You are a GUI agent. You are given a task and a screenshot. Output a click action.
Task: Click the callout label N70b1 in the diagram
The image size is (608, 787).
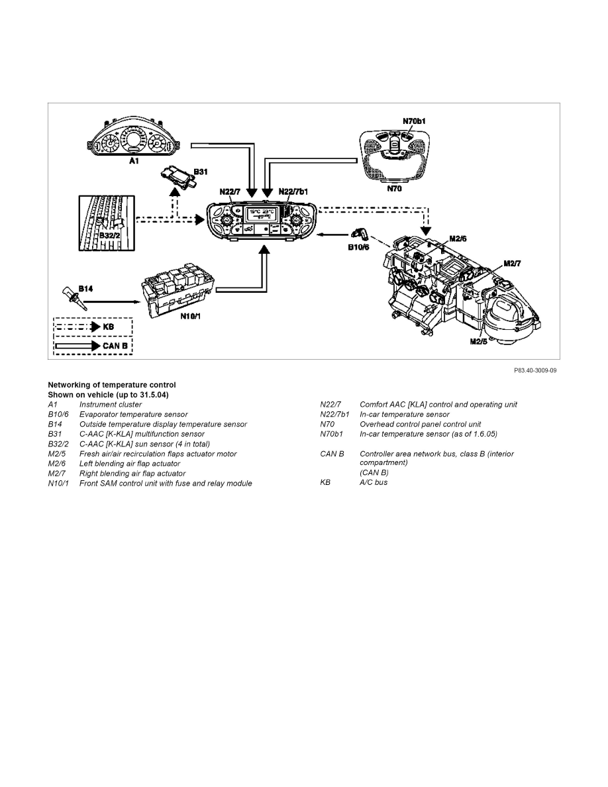414,121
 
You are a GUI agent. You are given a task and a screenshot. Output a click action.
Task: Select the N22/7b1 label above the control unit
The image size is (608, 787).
293,191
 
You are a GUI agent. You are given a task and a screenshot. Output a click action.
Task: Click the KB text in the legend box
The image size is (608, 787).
109,327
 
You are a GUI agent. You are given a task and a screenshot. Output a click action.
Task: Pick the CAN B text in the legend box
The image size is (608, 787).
115,345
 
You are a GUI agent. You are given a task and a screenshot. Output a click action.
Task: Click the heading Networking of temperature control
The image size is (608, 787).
111,385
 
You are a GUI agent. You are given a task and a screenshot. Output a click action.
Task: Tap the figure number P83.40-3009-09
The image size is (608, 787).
531,370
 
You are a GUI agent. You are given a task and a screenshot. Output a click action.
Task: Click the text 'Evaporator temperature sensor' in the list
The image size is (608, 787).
133,415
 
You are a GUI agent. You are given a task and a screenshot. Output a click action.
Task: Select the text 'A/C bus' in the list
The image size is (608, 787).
374,482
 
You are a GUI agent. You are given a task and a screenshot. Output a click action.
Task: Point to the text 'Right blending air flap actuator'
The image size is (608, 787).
132,474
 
